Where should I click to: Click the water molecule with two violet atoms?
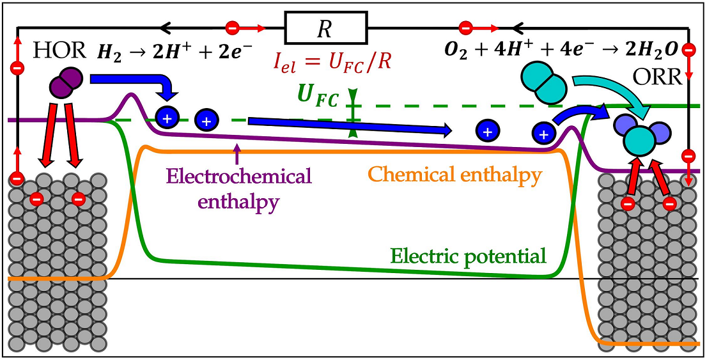(x=639, y=136)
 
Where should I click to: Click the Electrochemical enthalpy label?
(x=238, y=189)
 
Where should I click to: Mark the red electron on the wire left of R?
(x=233, y=28)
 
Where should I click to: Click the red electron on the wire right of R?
(x=465, y=28)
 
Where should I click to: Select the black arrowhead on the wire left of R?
(x=164, y=28)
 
